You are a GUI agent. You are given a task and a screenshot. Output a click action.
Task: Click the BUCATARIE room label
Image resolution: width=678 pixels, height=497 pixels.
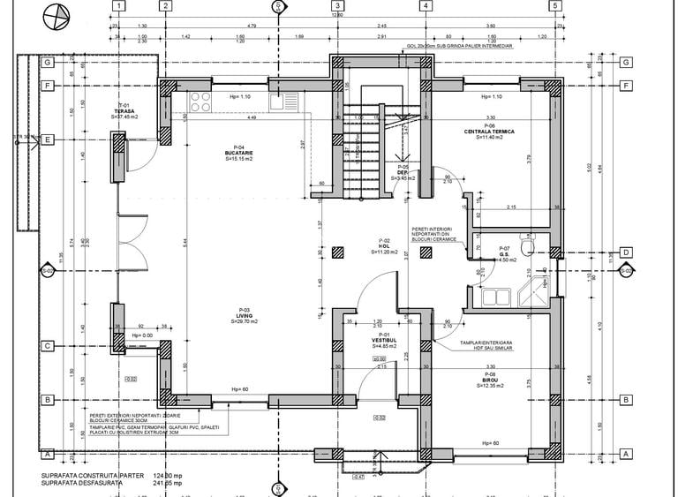[x=238, y=154]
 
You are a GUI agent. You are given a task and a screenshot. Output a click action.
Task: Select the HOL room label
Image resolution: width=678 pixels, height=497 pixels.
[x=384, y=245]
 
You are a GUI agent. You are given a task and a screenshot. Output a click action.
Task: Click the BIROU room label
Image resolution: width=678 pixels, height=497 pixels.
[x=490, y=380]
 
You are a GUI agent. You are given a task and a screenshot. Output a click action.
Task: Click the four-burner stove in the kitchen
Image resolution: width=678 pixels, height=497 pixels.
[x=199, y=99]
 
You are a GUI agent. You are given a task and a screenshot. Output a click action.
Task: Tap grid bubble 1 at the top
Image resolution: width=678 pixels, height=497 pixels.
[x=117, y=5]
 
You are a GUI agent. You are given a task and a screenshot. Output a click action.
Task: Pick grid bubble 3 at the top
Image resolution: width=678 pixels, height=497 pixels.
[x=338, y=5]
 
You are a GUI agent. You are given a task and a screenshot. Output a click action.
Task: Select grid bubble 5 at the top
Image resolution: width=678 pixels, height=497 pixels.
[x=554, y=5]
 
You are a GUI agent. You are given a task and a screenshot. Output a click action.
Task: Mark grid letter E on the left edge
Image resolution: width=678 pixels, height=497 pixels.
[x=48, y=139]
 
